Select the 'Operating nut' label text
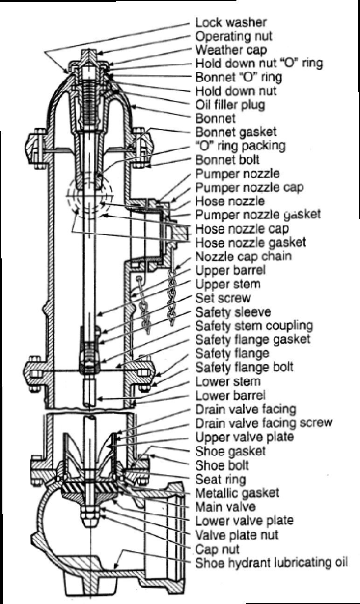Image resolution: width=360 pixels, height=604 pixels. click(x=234, y=36)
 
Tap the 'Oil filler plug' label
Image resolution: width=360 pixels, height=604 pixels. click(x=230, y=104)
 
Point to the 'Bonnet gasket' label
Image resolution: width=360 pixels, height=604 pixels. click(x=236, y=132)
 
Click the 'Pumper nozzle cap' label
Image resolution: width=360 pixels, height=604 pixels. click(x=249, y=187)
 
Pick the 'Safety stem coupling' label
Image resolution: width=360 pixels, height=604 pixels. click(x=254, y=325)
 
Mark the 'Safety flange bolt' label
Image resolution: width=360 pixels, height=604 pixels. click(x=244, y=367)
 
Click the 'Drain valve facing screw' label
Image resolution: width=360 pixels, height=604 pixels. click(x=263, y=423)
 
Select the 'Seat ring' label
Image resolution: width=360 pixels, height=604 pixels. click(x=221, y=479)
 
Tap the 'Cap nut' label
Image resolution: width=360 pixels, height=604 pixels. click(x=217, y=549)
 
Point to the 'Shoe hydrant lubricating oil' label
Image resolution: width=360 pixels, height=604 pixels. click(x=271, y=562)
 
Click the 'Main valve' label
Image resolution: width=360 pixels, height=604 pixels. click(x=226, y=507)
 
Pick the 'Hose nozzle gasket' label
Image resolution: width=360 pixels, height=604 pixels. click(x=250, y=242)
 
